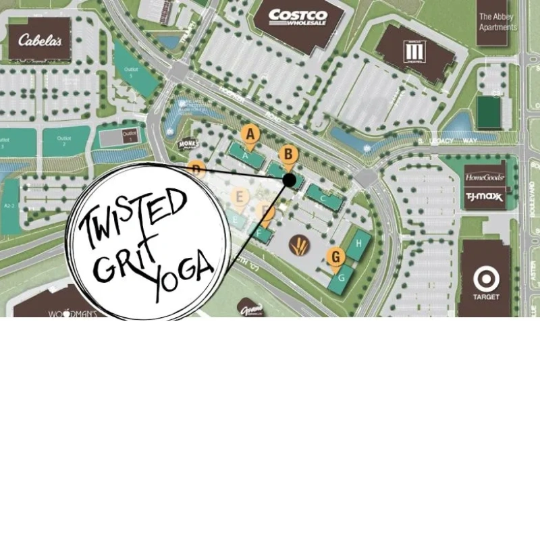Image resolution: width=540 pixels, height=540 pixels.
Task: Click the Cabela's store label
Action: click(x=40, y=40)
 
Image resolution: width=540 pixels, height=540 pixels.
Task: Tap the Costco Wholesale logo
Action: click(x=298, y=18)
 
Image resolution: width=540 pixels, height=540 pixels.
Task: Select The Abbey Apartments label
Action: click(x=497, y=22)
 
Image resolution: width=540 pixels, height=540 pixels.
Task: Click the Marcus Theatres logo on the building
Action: click(x=413, y=52)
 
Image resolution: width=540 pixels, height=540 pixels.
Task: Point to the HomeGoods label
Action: click(x=485, y=177)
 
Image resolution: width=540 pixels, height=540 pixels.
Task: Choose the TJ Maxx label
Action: click(x=485, y=197)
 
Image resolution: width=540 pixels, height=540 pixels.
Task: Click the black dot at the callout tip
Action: click(x=290, y=180)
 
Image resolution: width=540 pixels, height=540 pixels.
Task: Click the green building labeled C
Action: click(x=323, y=198)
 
